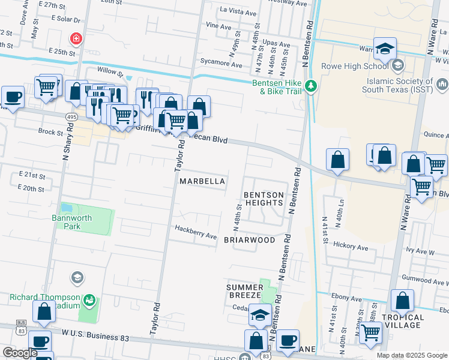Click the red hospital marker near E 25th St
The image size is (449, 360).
pyautogui.click(x=76, y=40)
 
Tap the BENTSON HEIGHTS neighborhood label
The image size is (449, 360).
pyautogui.click(x=264, y=199)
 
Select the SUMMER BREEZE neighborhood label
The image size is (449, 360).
pyautogui.click(x=244, y=291)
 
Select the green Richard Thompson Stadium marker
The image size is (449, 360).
pyautogui.click(x=89, y=299)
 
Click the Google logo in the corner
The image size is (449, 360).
pyautogui.click(x=20, y=353)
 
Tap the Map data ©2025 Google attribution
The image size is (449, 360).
pyautogui.click(x=411, y=355)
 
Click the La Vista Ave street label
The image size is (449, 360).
pyautogui.click(x=239, y=10)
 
